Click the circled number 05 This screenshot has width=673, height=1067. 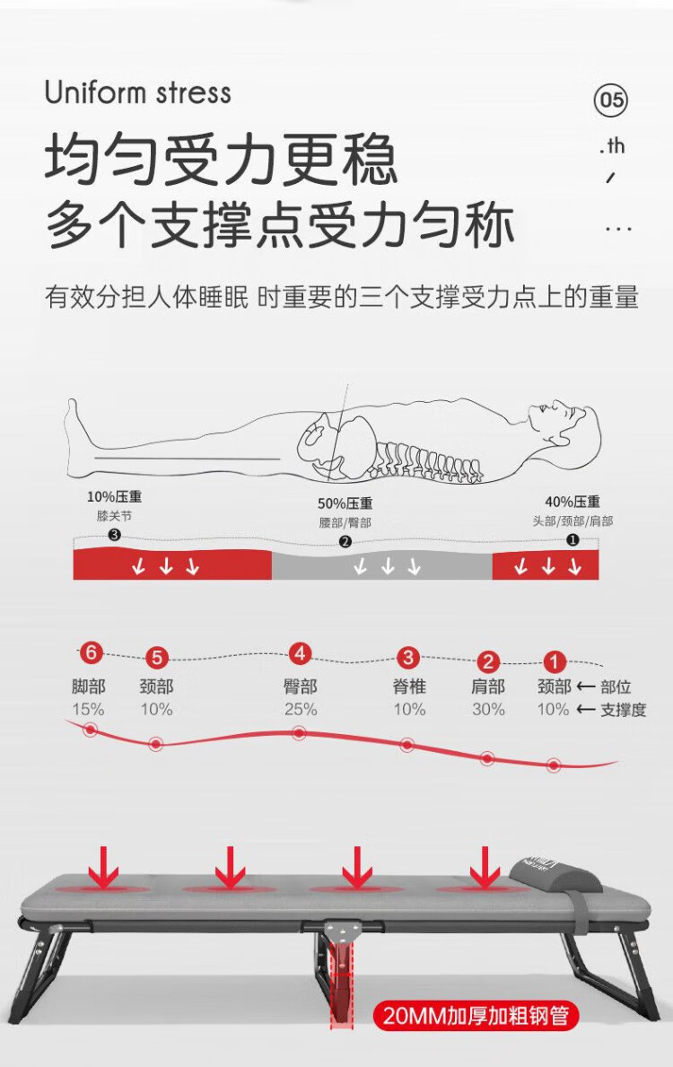(610, 101)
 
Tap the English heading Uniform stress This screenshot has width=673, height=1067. (138, 92)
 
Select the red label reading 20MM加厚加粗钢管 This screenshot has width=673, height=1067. (476, 1016)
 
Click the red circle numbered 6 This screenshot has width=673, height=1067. (91, 653)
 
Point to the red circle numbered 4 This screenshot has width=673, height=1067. (300, 654)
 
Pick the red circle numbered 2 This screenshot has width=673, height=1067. (487, 660)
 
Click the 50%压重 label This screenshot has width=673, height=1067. (345, 503)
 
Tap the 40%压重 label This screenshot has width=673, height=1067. (572, 503)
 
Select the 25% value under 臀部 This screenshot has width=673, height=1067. (301, 709)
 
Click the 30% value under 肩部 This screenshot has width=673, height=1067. (488, 709)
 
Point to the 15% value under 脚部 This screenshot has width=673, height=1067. (89, 709)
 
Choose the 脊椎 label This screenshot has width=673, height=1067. (409, 687)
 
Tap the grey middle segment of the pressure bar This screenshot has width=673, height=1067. (381, 564)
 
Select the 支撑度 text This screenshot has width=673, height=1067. (623, 710)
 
